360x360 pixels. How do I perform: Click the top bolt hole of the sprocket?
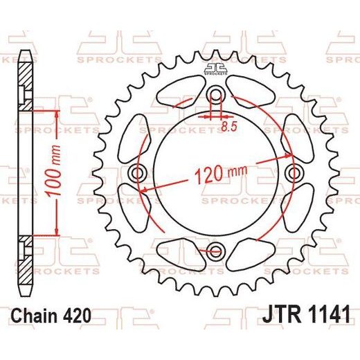click(x=216, y=94)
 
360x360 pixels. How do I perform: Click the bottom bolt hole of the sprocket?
click(x=216, y=251)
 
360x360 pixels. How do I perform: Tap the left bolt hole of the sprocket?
click(x=138, y=172)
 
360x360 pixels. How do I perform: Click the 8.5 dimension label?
click(x=229, y=127)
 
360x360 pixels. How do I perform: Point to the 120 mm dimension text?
click(x=221, y=173)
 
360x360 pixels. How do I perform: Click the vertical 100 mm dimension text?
click(x=54, y=171)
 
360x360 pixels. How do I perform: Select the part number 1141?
click(x=327, y=314)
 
